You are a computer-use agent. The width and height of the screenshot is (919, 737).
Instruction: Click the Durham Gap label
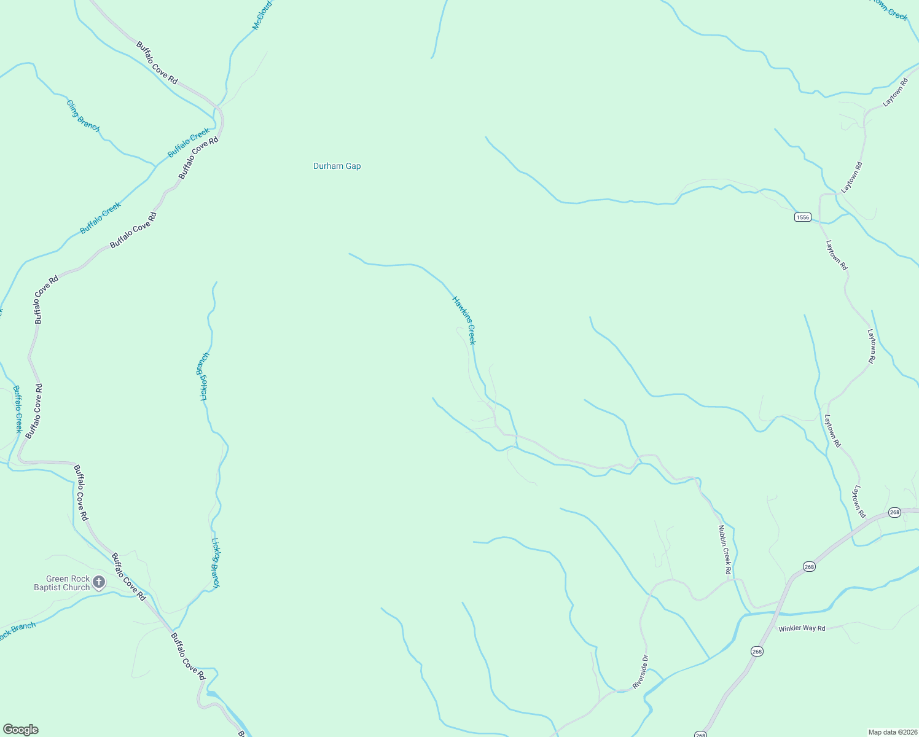[337, 166]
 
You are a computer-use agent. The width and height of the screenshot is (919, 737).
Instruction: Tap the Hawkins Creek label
[464, 320]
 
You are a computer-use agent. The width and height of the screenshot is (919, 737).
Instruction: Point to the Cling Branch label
[83, 115]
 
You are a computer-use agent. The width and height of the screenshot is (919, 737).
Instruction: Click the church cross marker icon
[99, 582]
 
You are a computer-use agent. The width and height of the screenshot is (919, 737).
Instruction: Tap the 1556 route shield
[802, 217]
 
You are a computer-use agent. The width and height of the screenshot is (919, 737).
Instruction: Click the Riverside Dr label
[641, 671]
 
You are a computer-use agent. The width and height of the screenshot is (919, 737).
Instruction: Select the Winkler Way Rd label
[802, 628]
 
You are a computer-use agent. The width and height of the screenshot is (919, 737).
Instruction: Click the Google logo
[20, 730]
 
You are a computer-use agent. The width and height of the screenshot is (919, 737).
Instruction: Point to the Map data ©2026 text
[892, 732]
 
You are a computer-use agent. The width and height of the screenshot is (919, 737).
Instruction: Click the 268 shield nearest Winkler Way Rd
[757, 651]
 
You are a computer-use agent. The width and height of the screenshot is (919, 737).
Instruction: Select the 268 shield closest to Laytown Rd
[894, 512]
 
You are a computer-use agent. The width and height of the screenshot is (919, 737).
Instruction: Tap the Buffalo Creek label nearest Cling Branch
[189, 142]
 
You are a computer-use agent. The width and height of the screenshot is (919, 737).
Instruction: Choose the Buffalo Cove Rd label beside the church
[128, 577]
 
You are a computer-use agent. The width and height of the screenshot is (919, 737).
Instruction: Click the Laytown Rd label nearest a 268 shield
[858, 501]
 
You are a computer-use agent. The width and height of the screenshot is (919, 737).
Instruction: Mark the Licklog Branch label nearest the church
[216, 563]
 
